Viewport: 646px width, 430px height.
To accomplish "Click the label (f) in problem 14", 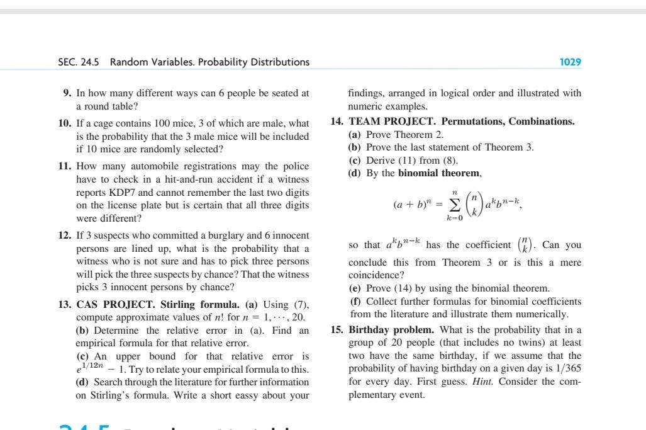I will coord(354,302).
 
